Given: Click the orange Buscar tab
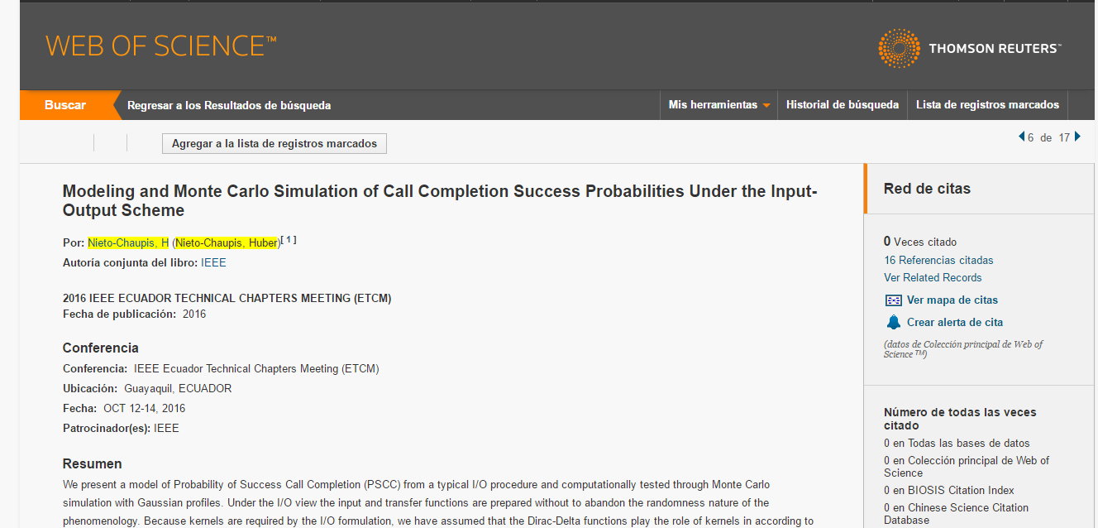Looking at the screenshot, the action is pyautogui.click(x=65, y=105).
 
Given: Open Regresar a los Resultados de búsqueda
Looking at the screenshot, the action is pyautogui.click(x=229, y=105).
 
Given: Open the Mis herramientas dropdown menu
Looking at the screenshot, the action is pyautogui.click(x=718, y=105).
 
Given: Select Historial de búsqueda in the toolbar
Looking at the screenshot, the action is pyautogui.click(x=843, y=105).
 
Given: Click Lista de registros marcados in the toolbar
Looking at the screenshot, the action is pyautogui.click(x=987, y=105).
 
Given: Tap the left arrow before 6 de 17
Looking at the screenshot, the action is pyautogui.click(x=1022, y=137).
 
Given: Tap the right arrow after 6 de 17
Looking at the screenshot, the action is pyautogui.click(x=1077, y=137).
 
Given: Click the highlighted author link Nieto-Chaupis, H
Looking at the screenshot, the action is pyautogui.click(x=128, y=243).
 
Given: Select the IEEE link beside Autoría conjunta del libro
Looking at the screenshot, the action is pyautogui.click(x=213, y=262).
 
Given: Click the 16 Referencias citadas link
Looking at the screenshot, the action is pyautogui.click(x=938, y=260).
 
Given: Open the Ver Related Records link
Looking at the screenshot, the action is pyautogui.click(x=933, y=278).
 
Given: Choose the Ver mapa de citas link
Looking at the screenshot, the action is pyautogui.click(x=952, y=300).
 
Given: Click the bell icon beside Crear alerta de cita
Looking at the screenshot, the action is pyautogui.click(x=894, y=322).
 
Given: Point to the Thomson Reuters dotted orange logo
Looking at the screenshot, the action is pyautogui.click(x=899, y=48).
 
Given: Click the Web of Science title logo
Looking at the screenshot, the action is pyautogui.click(x=160, y=46).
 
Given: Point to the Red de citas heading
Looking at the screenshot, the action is pyautogui.click(x=927, y=189).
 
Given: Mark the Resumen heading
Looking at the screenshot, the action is pyautogui.click(x=92, y=463).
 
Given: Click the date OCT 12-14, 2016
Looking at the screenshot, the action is pyautogui.click(x=144, y=408).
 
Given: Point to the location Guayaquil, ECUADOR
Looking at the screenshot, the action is pyautogui.click(x=178, y=389).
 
